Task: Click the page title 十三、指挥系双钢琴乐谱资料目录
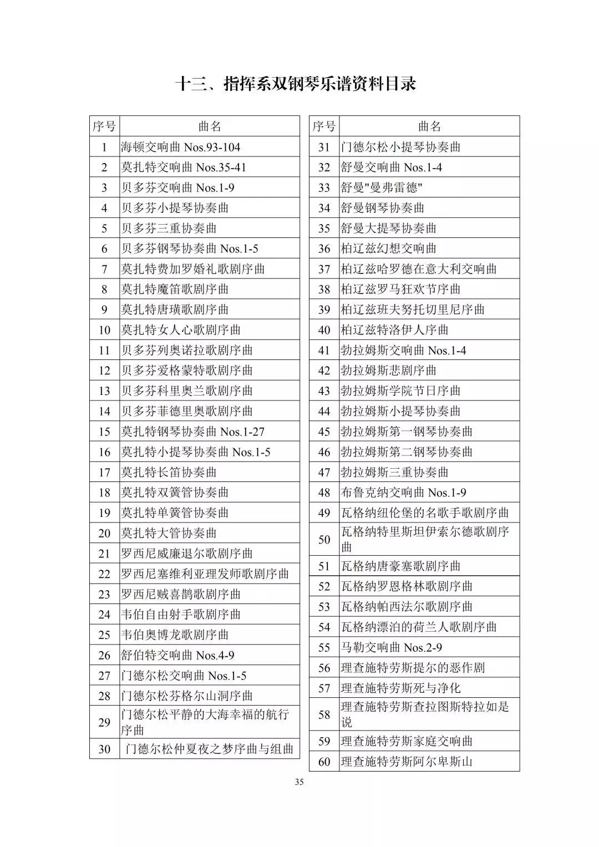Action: [x=296, y=84]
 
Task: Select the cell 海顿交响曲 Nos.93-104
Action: [x=181, y=147]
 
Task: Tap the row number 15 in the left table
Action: [x=104, y=432]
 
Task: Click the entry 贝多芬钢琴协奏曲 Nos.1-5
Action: [x=190, y=248]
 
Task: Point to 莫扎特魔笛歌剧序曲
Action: [x=175, y=289]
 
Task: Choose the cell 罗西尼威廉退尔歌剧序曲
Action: [x=187, y=554]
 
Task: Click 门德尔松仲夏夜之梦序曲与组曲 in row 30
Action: [x=209, y=749]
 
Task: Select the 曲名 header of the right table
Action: [x=429, y=126]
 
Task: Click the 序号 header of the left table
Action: [x=104, y=126]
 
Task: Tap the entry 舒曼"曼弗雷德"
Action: [x=382, y=187]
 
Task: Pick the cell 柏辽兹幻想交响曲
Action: [x=388, y=248]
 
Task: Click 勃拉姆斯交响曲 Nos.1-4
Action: [x=403, y=350]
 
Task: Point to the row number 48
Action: [x=324, y=493]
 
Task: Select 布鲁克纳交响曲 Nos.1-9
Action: [x=403, y=493]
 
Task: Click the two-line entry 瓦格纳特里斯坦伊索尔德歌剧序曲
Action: [x=424, y=539]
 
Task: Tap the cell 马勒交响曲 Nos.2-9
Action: [x=391, y=647]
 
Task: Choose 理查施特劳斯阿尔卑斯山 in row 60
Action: [x=406, y=762]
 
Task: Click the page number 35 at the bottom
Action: [x=299, y=783]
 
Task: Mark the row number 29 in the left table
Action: [x=104, y=722]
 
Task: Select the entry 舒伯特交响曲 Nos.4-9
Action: [x=177, y=655]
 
